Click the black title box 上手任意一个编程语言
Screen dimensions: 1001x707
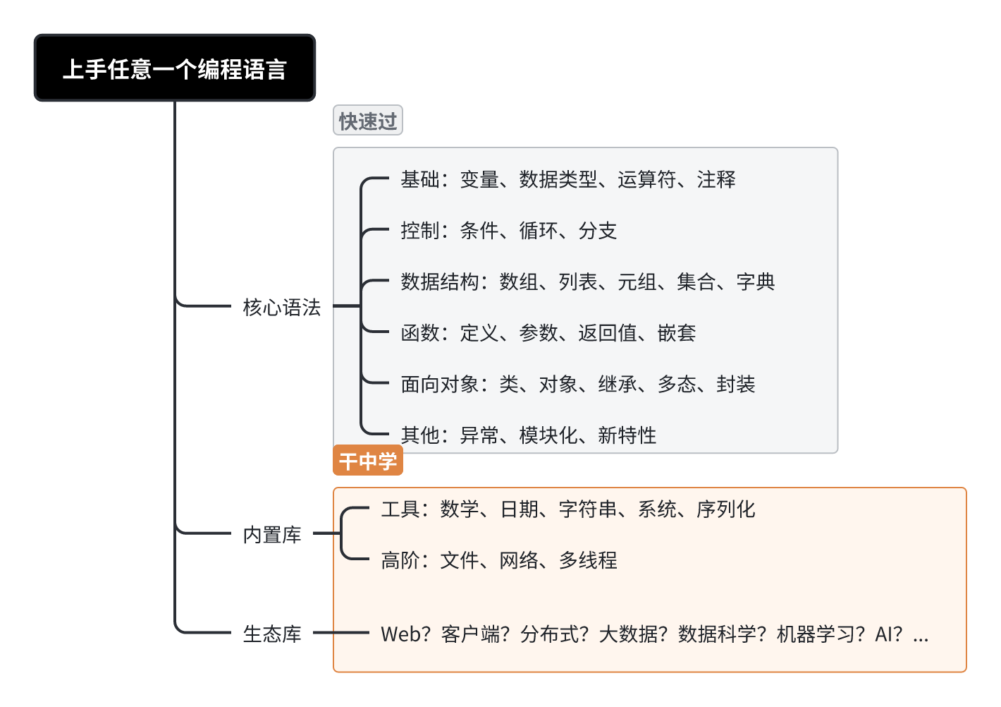pos(175,68)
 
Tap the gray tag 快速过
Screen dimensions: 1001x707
pos(368,120)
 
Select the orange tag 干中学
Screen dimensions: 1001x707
pos(368,460)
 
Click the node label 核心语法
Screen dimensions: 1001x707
pos(281,307)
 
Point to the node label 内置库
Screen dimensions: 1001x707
pos(271,534)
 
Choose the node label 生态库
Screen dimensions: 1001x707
pos(271,634)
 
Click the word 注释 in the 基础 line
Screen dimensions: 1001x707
pos(716,179)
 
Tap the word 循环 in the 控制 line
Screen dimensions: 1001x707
pos(539,231)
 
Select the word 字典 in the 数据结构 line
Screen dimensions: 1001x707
pos(755,282)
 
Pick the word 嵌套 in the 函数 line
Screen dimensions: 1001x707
pos(677,333)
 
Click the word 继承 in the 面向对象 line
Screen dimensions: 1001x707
pos(618,384)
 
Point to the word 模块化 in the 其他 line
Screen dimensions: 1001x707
pos(548,435)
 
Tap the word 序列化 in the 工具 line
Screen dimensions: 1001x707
pos(726,509)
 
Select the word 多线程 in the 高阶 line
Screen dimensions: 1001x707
pos(588,560)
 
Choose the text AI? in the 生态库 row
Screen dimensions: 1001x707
pos(889,634)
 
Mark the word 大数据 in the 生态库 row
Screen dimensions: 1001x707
pos(628,634)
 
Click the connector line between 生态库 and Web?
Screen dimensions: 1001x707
pos(341,632)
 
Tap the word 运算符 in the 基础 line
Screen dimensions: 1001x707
pos(647,179)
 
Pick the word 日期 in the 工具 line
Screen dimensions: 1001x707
pos(519,509)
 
